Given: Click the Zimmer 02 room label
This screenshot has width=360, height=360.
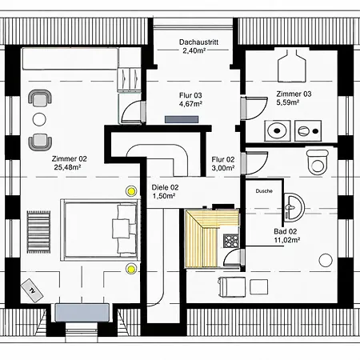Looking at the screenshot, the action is tap(70, 159).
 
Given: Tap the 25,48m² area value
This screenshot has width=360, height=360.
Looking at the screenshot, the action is tap(67, 167).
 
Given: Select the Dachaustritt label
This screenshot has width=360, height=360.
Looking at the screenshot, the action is tap(198, 42).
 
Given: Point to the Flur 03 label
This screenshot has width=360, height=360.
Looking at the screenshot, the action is tap(190, 95).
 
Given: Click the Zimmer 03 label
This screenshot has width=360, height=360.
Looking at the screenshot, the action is tap(294, 94).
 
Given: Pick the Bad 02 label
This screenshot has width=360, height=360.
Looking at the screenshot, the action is tap(286, 231).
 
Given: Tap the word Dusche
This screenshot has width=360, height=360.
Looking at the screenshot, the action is tap(264, 191).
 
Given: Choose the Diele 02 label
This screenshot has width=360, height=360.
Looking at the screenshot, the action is tap(165, 187).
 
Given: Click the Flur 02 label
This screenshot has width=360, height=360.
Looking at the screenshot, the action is tap(223, 159).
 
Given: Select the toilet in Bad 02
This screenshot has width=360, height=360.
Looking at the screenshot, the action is tap(317, 162).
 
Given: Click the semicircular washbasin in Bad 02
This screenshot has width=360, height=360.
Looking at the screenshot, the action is tap(294, 208).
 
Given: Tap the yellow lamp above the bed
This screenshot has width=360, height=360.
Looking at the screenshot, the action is tap(131, 191).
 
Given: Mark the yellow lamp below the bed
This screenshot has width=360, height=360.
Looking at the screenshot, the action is tap(130, 269).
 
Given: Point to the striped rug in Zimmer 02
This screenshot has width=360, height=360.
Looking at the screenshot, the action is tap(38, 232).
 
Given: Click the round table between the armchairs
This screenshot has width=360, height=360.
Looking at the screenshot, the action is tap(39, 119).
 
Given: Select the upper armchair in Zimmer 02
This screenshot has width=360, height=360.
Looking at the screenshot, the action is tap(40, 98).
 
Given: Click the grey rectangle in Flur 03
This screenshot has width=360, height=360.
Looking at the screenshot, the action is tap(182, 119).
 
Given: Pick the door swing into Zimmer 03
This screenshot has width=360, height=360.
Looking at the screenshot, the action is tap(257, 108).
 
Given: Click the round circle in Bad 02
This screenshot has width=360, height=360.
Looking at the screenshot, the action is tap(326, 260).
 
